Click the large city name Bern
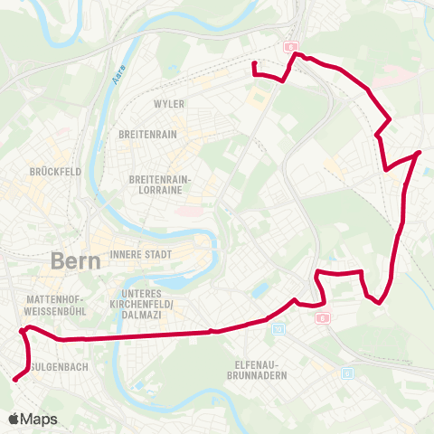(75, 260)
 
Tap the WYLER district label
(169, 104)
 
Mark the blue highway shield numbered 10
(278, 328)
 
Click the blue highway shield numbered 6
(347, 373)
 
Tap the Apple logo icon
(14, 419)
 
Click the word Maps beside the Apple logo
(39, 419)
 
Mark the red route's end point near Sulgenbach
(14, 380)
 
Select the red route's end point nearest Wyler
(254, 63)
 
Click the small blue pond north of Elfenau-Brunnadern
(261, 291)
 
